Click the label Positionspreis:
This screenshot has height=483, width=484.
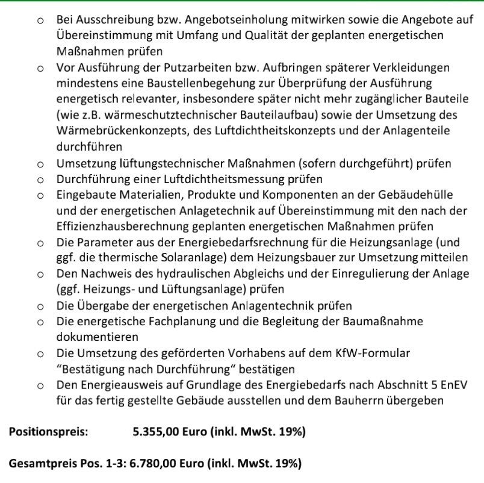point(49,432)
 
